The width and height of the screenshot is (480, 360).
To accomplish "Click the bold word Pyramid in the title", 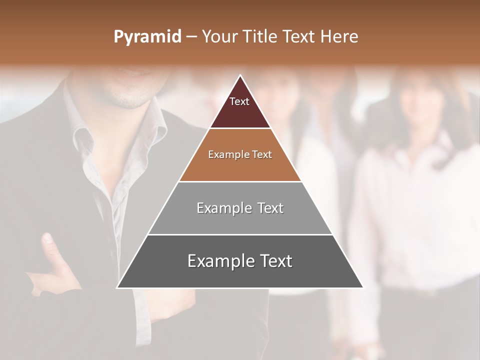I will pos(147,37).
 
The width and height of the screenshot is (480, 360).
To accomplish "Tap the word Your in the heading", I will pos(220,36).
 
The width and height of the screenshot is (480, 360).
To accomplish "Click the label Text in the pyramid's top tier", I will pos(239,101).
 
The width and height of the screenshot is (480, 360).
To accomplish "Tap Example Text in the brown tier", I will pos(240,154).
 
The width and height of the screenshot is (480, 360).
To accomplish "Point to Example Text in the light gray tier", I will pos(240,208).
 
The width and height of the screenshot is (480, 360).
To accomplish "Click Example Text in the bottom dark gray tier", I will pos(240,261).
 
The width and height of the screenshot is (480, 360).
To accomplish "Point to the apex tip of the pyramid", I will pos(240,76).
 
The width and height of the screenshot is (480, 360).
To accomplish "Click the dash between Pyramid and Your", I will pos(191,37).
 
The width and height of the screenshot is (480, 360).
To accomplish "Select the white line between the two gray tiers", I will pos(240,234).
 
